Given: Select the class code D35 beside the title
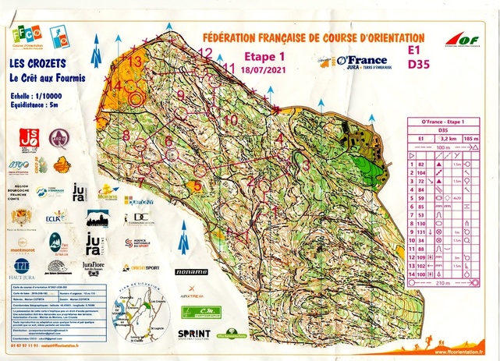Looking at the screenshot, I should [418, 66].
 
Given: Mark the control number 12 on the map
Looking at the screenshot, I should [206, 53].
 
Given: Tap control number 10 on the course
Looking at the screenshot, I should [231, 120].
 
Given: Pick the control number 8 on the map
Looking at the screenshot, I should [126, 135].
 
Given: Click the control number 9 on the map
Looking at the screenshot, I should [181, 95].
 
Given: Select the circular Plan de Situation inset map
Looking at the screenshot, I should [126, 317].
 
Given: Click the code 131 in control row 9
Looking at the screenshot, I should [423, 232].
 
